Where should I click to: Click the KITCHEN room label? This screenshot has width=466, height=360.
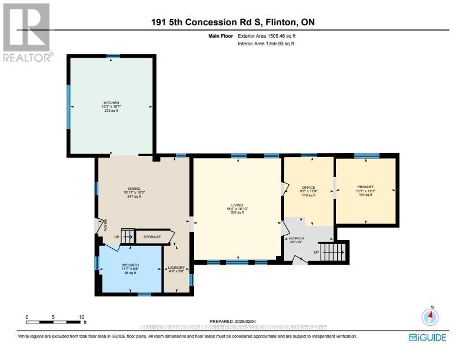tap(111, 103)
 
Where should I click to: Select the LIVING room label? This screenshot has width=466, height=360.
tap(238, 205)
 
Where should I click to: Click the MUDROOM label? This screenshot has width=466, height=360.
tap(296, 239)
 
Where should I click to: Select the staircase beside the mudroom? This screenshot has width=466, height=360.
tap(333, 252)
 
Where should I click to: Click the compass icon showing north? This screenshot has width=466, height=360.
tap(431, 317)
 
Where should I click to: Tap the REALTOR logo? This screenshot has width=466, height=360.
tap(26, 32)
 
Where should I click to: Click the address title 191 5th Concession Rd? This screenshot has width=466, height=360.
tap(232, 23)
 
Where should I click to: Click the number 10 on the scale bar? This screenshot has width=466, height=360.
tap(81, 317)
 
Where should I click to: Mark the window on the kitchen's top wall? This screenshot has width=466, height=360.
tap(113, 56)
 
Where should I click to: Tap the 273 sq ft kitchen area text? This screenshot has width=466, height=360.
tap(111, 111)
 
